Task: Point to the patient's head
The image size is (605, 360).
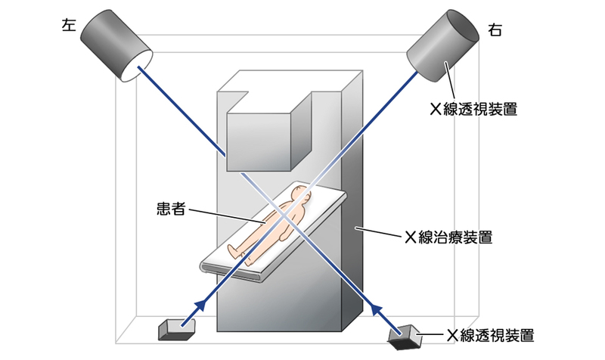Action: coord(302,193)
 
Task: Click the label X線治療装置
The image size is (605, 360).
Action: coord(448,237)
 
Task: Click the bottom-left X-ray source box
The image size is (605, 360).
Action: coord(177,328)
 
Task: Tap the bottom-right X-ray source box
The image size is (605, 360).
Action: coord(404,337)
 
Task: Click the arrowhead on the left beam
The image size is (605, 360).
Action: coord(200,305)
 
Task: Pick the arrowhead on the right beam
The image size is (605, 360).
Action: coord(377,307)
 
